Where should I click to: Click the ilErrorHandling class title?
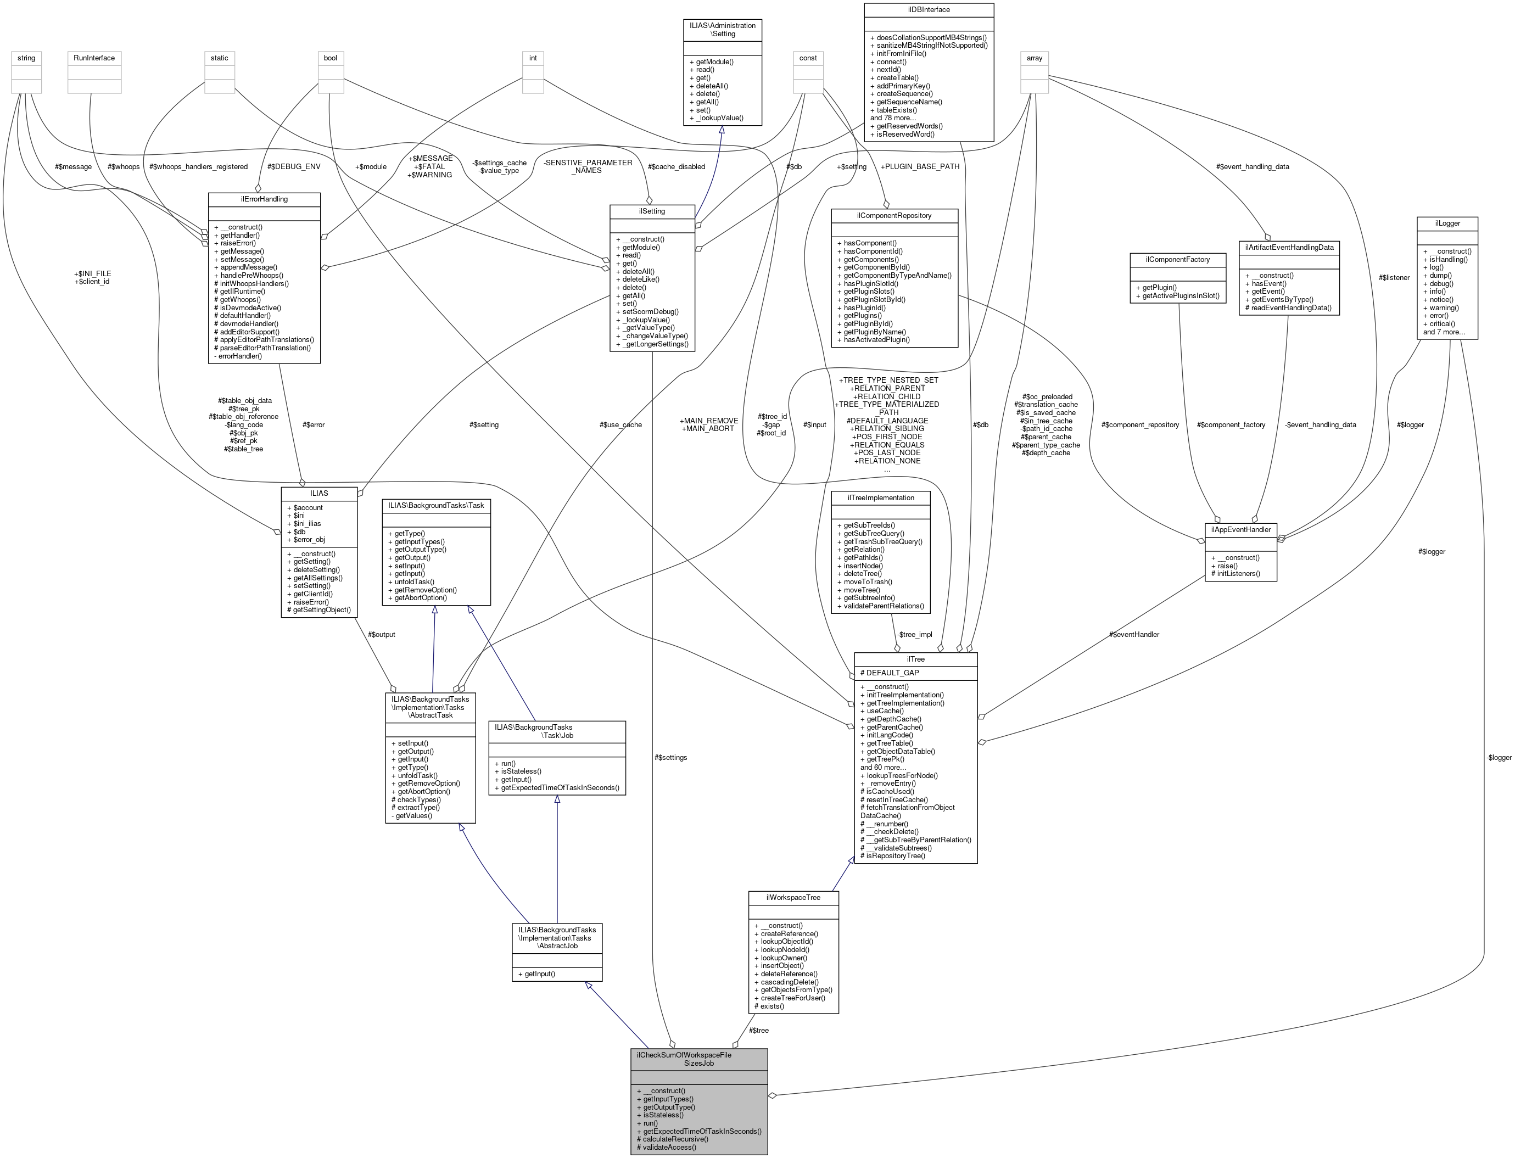pos(264,199)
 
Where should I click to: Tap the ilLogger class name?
pos(1447,223)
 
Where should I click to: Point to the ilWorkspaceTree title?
pos(793,897)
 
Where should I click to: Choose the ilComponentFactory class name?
pos(1178,259)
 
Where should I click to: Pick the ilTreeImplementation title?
pos(880,497)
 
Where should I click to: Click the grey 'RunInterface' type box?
pos(94,58)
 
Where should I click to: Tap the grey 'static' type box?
pos(219,58)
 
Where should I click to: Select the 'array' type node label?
pos(1034,58)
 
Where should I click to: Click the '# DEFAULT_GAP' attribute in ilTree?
pos(889,673)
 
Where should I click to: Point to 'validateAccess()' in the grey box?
pos(666,1147)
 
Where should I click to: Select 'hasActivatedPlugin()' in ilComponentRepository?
pos(873,339)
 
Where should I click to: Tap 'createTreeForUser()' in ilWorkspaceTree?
pos(793,998)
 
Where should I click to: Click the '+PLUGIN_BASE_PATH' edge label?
pos(919,167)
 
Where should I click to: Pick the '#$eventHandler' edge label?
pos(1134,634)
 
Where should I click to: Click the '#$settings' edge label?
pos(670,758)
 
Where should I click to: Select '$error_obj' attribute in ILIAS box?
pos(305,539)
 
